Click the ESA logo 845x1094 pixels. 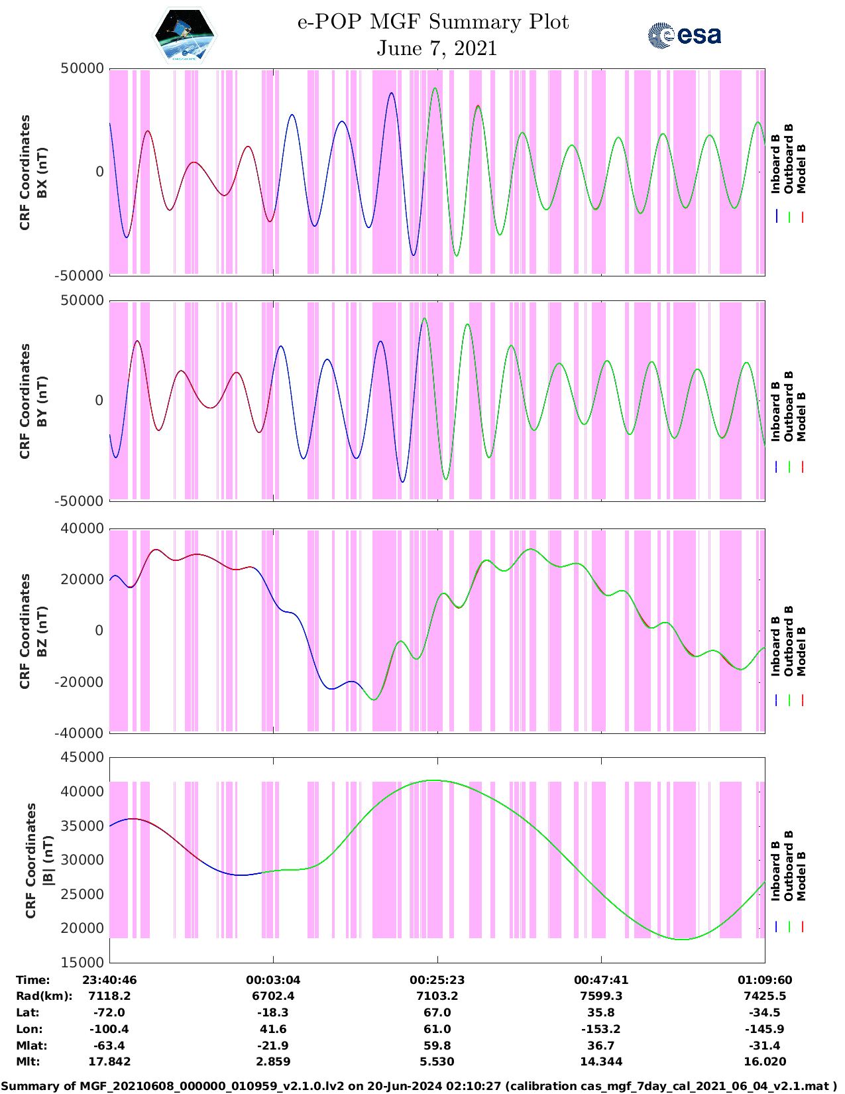click(x=685, y=35)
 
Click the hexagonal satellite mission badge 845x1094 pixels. click(x=184, y=36)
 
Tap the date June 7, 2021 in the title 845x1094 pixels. click(x=437, y=48)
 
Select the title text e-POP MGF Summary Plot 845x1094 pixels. click(x=433, y=22)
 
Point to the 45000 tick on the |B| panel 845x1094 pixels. click(x=83, y=757)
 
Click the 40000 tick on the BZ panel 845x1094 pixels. click(x=83, y=528)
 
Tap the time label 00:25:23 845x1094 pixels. click(x=437, y=980)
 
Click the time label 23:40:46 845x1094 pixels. click(x=109, y=980)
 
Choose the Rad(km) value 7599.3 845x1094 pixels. click(x=600, y=996)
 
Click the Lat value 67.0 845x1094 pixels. click(x=437, y=1012)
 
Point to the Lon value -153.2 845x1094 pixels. click(x=600, y=1029)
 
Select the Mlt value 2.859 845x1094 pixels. click(x=273, y=1062)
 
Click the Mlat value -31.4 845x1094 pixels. click(x=764, y=1046)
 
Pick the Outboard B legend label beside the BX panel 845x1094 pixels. click(x=789, y=159)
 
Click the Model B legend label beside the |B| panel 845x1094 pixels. click(x=801, y=877)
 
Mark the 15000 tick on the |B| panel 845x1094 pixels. click(x=83, y=962)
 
